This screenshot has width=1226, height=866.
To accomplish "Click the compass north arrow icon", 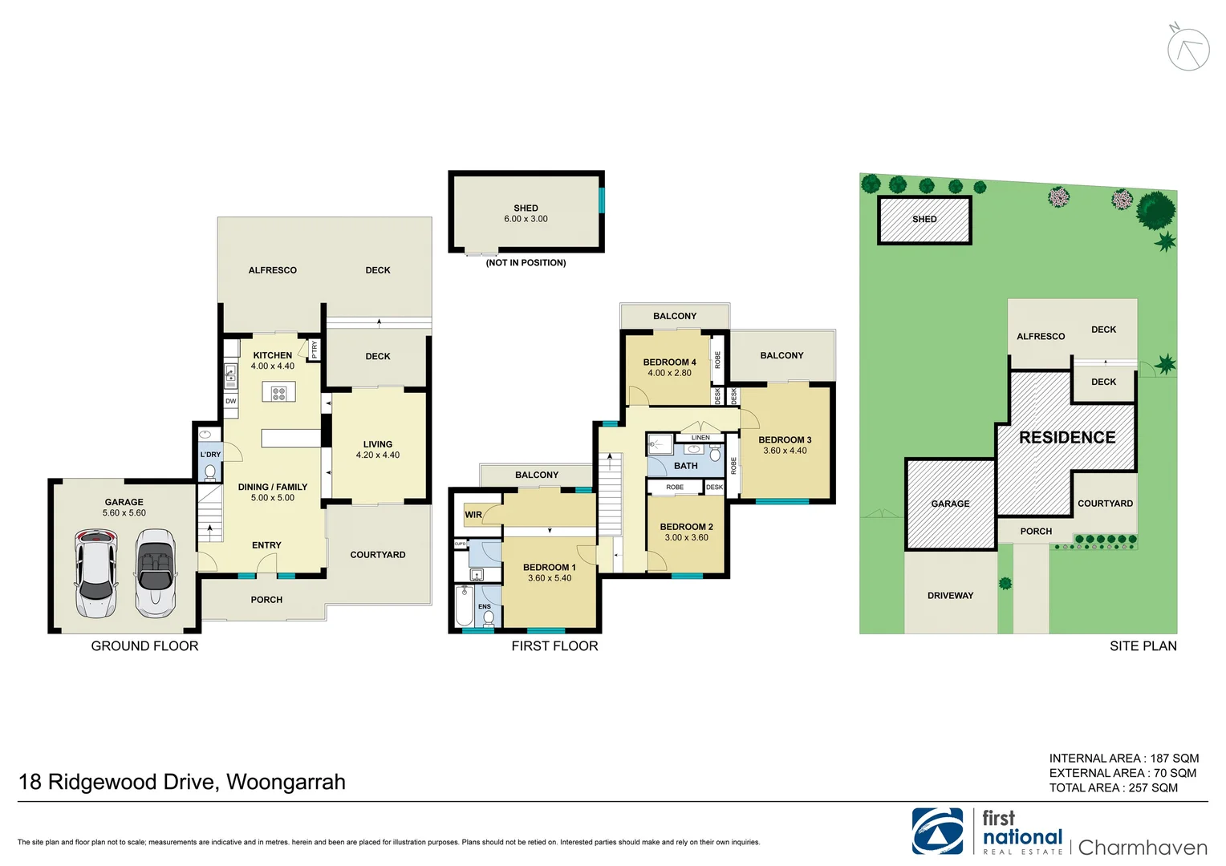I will point(1187,48).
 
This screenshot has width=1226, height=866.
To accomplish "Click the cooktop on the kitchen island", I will point(278,393).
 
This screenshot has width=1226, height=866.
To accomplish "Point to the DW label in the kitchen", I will point(231,401).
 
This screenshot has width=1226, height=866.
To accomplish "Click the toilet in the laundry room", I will point(210,472).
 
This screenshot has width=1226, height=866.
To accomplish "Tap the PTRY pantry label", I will point(315,350).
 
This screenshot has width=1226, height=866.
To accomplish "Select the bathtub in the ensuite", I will point(464,606).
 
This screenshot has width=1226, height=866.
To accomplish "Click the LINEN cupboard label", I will point(700,438).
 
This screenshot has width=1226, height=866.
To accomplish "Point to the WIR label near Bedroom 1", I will point(473,515).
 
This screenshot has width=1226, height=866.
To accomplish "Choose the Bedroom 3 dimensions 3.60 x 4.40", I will point(785,451).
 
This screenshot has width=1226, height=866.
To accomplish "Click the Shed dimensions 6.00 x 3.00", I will point(526,219).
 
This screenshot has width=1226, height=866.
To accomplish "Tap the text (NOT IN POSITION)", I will point(526,263).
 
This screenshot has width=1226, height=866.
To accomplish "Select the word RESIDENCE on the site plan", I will point(1067,438).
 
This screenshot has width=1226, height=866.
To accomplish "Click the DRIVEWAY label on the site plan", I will point(950,596).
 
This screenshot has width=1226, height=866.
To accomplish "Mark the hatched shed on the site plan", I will point(924,220).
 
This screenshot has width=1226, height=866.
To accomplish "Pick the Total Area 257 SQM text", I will point(1113,788).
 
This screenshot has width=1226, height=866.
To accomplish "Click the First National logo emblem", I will point(937,832).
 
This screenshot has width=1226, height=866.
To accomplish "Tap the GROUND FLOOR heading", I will point(144,646).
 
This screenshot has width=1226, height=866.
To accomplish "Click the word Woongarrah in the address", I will point(286,783).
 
